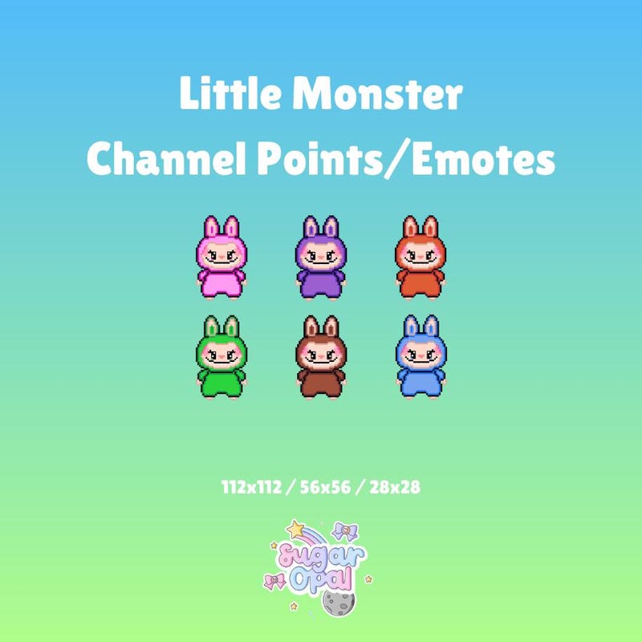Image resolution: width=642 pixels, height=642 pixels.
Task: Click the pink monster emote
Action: (221, 258)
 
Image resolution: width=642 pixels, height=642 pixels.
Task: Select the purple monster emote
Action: (320, 258)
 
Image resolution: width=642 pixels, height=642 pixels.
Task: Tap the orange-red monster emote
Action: (421, 258)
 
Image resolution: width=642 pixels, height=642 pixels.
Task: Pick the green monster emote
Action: (221, 357)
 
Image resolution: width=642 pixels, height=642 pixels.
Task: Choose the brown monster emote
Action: (320, 357)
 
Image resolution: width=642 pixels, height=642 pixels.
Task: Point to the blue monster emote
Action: (421, 357)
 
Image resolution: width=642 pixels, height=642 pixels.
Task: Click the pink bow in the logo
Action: (275, 580)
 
